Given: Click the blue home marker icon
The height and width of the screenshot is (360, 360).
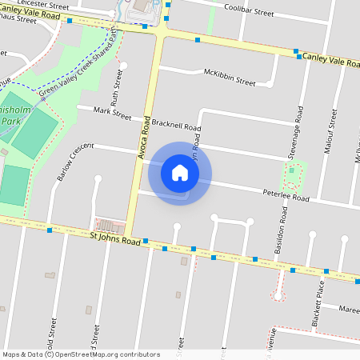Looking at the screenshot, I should pos(180,173).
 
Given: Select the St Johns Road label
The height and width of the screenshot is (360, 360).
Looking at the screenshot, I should pos(115,237).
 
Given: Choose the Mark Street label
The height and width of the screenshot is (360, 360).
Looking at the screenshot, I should pos(111,114).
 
